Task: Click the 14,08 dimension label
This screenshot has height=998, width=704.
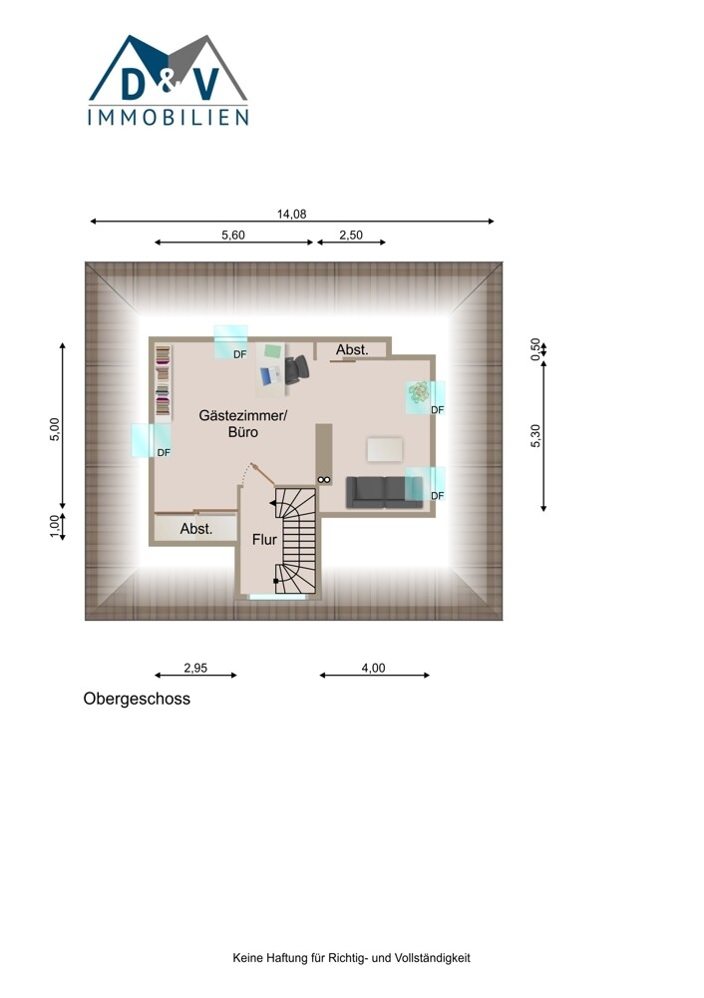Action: pyautogui.click(x=291, y=214)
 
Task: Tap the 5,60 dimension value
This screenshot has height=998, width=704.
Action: pyautogui.click(x=232, y=235)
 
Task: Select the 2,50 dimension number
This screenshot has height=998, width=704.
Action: pyautogui.click(x=350, y=235)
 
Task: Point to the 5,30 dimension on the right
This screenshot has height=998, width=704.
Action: pyautogui.click(x=535, y=435)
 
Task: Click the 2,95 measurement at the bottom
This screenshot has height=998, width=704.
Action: pyautogui.click(x=195, y=668)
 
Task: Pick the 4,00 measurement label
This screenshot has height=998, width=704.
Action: pyautogui.click(x=373, y=668)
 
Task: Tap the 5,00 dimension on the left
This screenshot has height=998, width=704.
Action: pyautogui.click(x=55, y=429)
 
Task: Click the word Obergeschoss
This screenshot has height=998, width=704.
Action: pyautogui.click(x=137, y=699)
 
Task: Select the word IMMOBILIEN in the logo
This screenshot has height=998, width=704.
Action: pyautogui.click(x=168, y=117)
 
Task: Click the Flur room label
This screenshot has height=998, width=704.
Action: pyautogui.click(x=264, y=540)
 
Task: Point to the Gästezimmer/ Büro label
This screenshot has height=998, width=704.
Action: pyautogui.click(x=243, y=424)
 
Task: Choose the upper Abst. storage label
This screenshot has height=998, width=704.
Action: pyautogui.click(x=352, y=350)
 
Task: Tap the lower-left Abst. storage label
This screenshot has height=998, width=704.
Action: pyautogui.click(x=195, y=529)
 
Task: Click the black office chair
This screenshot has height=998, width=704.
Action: pyautogui.click(x=296, y=369)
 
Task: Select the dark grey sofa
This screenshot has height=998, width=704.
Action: pyautogui.click(x=384, y=492)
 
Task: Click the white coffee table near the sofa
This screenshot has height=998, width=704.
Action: pyautogui.click(x=385, y=449)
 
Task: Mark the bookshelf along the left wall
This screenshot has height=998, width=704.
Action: pyautogui.click(x=164, y=382)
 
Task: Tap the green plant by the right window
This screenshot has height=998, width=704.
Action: pyautogui.click(x=419, y=392)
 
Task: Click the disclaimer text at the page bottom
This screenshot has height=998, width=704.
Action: pyautogui.click(x=352, y=957)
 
